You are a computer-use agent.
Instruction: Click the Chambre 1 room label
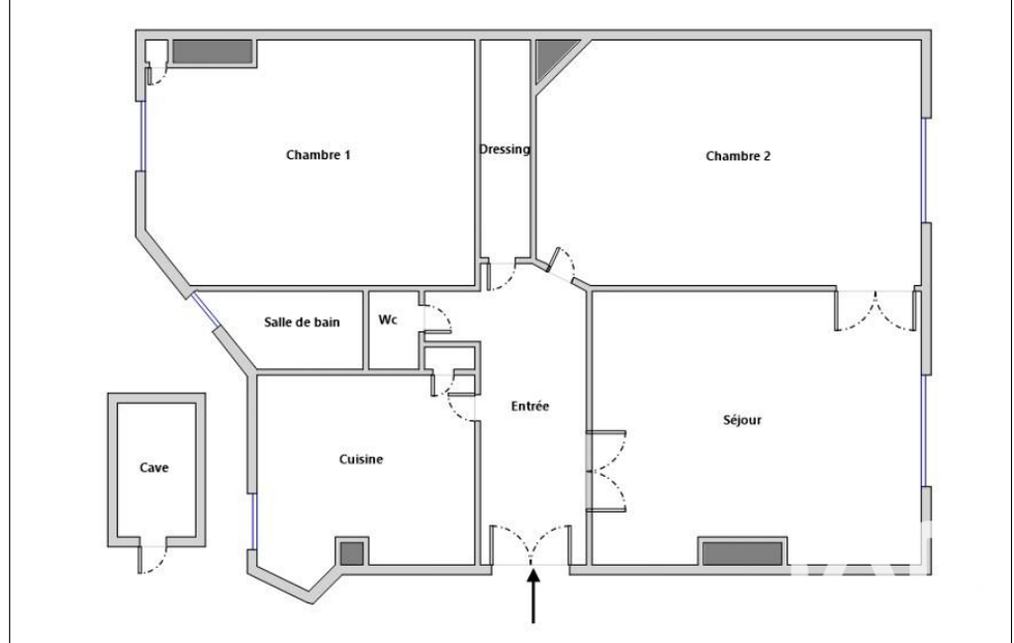(x=319, y=155)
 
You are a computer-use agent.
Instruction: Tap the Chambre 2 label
(x=738, y=156)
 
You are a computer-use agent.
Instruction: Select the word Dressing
(x=505, y=149)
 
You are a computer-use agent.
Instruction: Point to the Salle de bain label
(x=302, y=322)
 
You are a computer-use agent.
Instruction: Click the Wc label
(x=388, y=320)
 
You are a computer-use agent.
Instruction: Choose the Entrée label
(x=529, y=407)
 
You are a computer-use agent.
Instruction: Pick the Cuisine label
(x=361, y=459)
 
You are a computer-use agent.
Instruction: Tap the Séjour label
(x=742, y=419)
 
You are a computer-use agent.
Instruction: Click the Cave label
(x=154, y=468)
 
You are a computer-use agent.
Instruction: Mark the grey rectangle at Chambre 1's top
(x=212, y=51)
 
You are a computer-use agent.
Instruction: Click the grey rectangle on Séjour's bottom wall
(x=742, y=554)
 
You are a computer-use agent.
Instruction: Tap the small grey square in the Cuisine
(x=352, y=553)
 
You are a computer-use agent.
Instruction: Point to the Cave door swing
(x=152, y=560)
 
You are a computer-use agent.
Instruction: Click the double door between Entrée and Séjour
(x=606, y=470)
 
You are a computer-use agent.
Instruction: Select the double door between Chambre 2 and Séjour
(x=876, y=311)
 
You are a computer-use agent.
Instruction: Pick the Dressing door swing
(x=502, y=275)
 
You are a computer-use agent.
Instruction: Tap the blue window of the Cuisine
(x=253, y=521)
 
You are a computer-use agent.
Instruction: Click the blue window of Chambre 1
(x=143, y=136)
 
